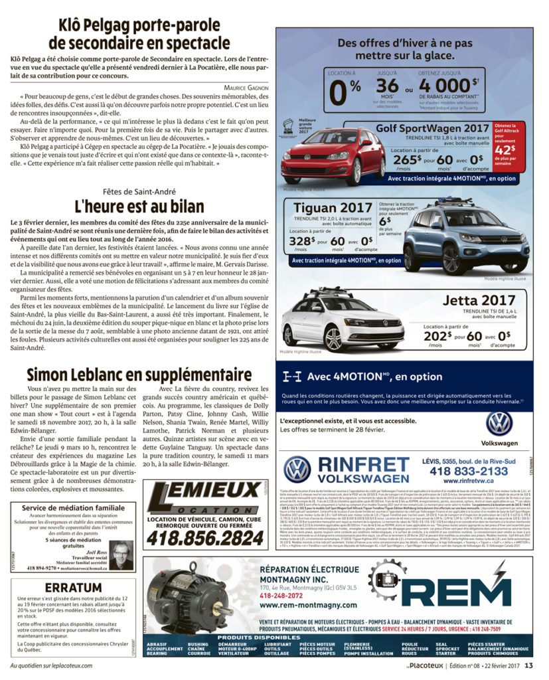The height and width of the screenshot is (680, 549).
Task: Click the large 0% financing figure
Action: coord(345,92)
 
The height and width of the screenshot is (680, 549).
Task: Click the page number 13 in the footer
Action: coord(528,665)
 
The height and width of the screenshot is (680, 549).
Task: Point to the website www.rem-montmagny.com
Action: coord(296,605)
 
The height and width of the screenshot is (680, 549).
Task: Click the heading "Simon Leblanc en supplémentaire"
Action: coord(139,374)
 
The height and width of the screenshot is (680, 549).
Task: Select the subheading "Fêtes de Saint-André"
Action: coord(139,190)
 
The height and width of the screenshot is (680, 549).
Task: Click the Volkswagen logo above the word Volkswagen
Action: coord(499,423)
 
